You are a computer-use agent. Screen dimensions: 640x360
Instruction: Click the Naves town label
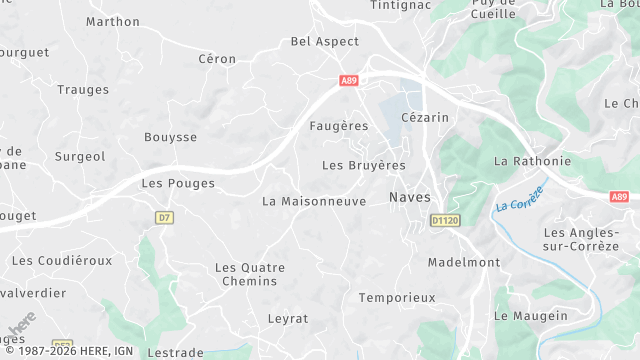pyautogui.click(x=409, y=198)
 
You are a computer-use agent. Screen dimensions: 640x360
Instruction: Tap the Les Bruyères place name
pyautogui.click(x=364, y=165)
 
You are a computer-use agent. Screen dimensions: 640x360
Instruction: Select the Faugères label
pyautogui.click(x=339, y=126)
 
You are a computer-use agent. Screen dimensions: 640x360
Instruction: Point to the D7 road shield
pyautogui.click(x=165, y=217)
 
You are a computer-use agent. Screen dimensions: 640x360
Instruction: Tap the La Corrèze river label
pyautogui.click(x=519, y=197)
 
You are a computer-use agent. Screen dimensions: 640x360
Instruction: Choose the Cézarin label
pyautogui.click(x=425, y=117)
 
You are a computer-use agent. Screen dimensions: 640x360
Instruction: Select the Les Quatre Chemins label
pyautogui.click(x=250, y=274)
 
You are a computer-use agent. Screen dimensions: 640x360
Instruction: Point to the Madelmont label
pyautogui.click(x=463, y=262)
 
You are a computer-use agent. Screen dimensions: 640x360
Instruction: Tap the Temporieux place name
pyautogui.click(x=397, y=297)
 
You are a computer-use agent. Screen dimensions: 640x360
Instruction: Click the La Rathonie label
pyautogui.click(x=533, y=161)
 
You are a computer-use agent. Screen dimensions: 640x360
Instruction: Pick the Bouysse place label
pyautogui.click(x=170, y=137)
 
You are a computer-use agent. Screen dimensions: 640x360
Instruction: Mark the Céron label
pyautogui.click(x=217, y=59)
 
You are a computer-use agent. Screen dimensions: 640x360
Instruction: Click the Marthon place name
pyautogui.click(x=113, y=21)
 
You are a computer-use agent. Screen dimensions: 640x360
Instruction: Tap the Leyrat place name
pyautogui.click(x=288, y=318)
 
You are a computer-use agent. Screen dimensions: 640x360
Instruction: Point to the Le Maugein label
pyautogui.click(x=531, y=316)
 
